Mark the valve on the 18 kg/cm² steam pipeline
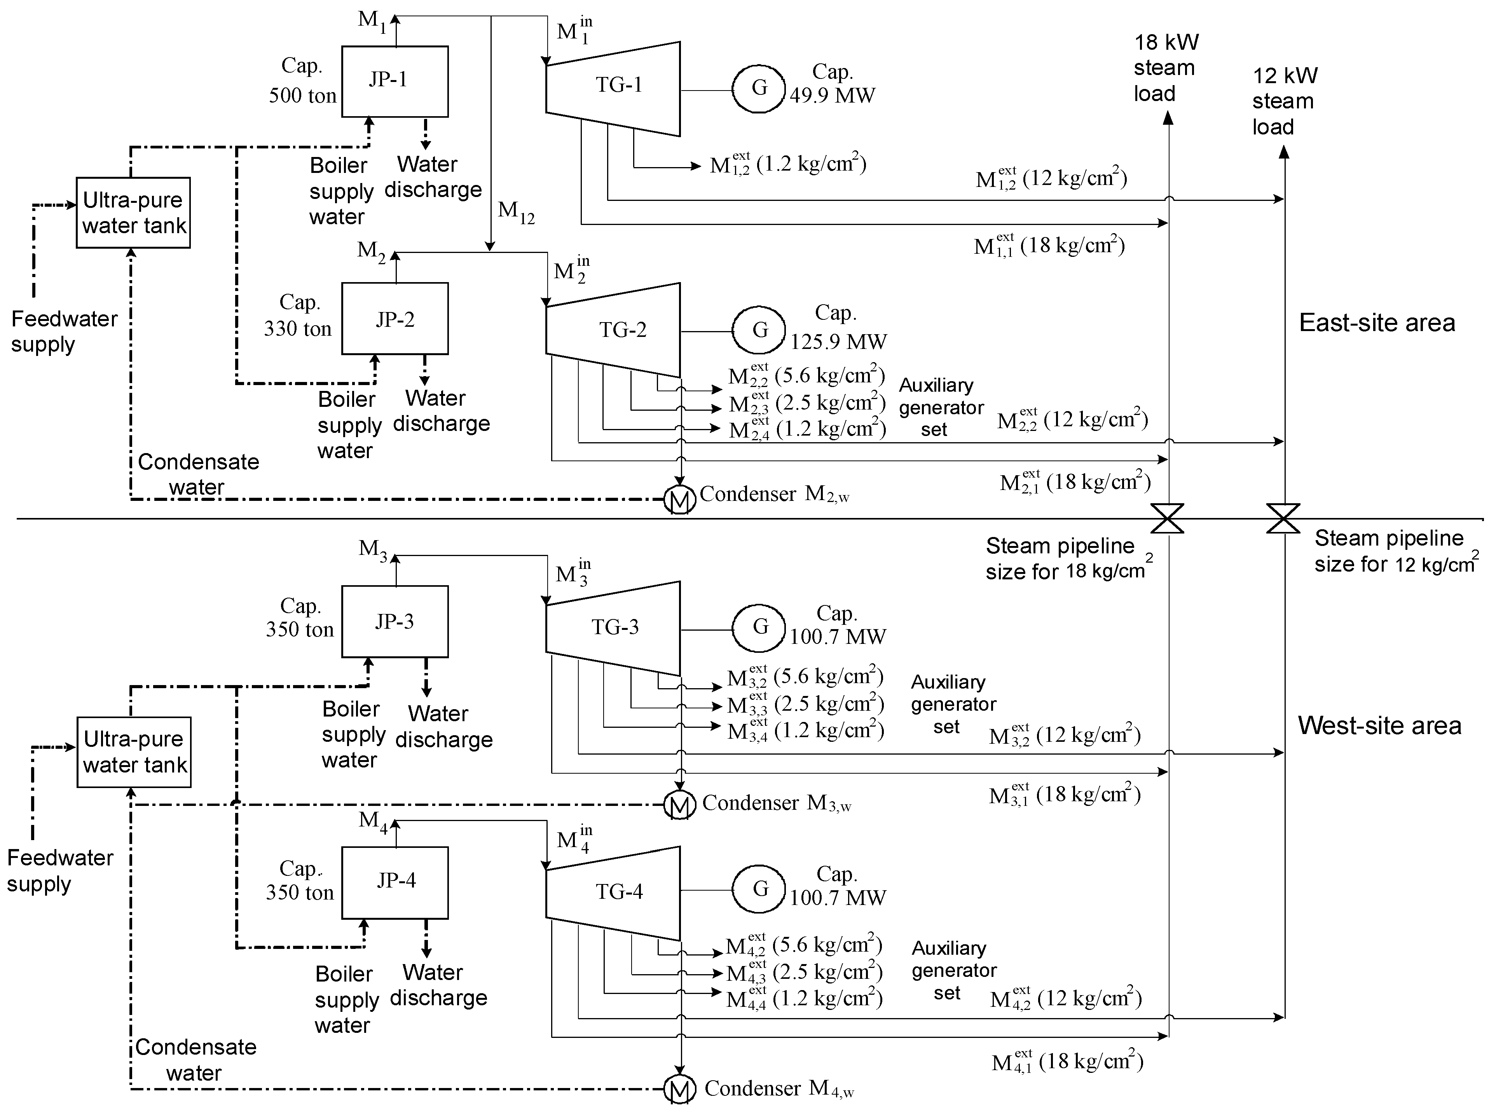tap(1168, 518)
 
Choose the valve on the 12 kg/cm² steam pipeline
tap(1283, 518)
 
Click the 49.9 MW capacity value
tap(833, 95)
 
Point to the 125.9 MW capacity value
tap(838, 342)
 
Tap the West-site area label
tap(1379, 726)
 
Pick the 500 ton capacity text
tap(303, 95)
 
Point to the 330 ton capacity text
tap(297, 328)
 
